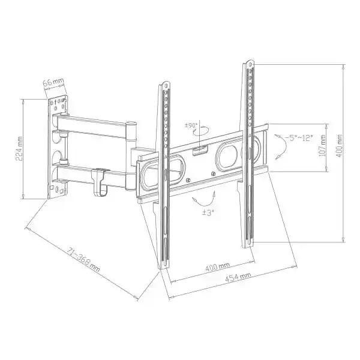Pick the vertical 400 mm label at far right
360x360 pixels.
pos(341,149)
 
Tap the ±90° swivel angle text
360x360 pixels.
pos(191,126)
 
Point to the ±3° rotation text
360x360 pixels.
pos(208,213)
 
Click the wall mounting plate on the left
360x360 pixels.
pos(58,147)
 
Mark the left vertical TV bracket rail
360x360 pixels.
pos(164,180)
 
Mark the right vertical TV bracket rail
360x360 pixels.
pos(248,156)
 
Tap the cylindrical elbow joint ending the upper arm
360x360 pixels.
pos(132,131)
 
